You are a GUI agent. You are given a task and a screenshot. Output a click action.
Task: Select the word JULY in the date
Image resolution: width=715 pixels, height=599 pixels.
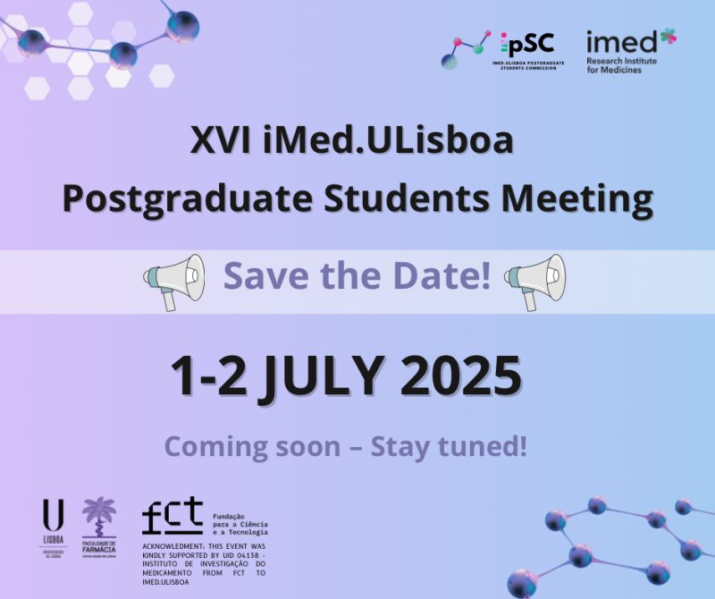click(323, 376)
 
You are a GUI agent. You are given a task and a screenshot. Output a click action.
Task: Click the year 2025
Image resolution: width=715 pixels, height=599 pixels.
click(461, 376)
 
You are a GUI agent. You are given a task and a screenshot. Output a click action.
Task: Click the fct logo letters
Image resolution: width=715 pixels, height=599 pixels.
click(172, 516)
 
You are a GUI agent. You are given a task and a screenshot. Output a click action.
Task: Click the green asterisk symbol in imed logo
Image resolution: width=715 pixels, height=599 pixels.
click(668, 37)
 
